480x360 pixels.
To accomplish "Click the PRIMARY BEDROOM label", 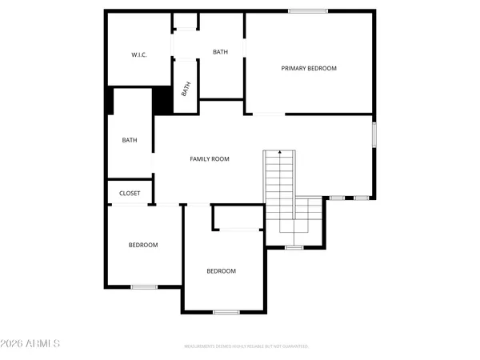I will click(x=309, y=69).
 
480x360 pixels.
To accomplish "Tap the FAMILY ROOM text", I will click(x=210, y=159).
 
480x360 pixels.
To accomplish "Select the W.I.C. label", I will click(x=139, y=55).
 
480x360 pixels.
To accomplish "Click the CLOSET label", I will click(x=130, y=194).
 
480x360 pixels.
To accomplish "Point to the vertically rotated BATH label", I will click(x=186, y=90).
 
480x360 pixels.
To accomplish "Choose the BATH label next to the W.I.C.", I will click(x=220, y=52).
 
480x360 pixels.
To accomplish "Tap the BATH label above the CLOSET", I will click(x=130, y=141).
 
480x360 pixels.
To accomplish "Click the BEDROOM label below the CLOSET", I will click(x=143, y=245).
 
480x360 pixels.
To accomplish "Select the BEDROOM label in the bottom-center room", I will click(x=221, y=271).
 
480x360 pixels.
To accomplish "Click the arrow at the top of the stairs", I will click(x=279, y=150).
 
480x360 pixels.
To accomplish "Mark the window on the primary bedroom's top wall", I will click(x=308, y=10).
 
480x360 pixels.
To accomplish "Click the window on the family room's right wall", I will click(x=374, y=133).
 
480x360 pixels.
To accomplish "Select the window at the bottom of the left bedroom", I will click(x=144, y=286).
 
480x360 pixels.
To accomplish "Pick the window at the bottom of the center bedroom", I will click(x=226, y=311).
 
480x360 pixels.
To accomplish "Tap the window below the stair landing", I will click(x=294, y=247).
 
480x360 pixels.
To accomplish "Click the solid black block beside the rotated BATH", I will click(x=163, y=100).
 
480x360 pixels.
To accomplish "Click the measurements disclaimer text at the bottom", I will click(x=246, y=347).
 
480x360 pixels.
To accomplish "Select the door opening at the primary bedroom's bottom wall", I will click(x=268, y=114).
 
